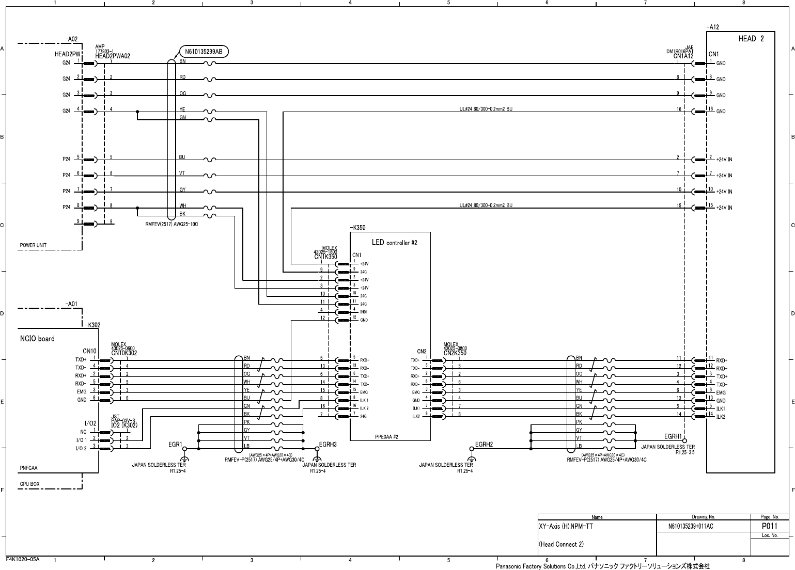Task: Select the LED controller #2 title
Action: point(394,242)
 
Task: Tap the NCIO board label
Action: point(37,339)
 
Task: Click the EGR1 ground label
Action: point(176,444)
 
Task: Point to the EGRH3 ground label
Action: point(328,444)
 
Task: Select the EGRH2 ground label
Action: point(484,444)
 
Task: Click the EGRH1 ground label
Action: point(674,437)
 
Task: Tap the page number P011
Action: point(770,526)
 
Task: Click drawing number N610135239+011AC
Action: point(691,526)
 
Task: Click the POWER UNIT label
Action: point(33,245)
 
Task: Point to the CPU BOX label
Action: point(29,484)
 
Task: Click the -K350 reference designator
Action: point(357,227)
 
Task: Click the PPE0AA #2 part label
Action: point(386,437)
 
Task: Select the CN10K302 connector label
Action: point(124,353)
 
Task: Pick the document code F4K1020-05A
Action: point(23,559)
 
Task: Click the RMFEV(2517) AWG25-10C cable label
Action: point(172,224)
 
